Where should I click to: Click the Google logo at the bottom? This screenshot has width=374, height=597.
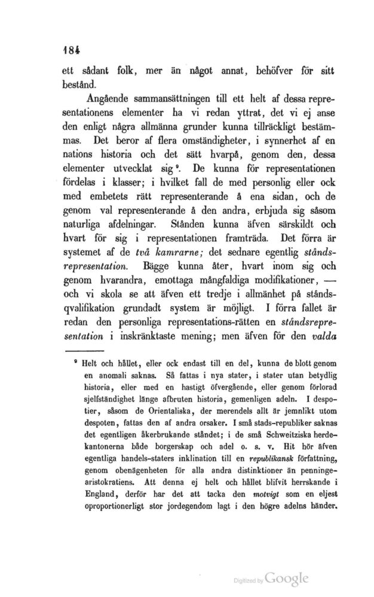(x=286, y=578)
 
